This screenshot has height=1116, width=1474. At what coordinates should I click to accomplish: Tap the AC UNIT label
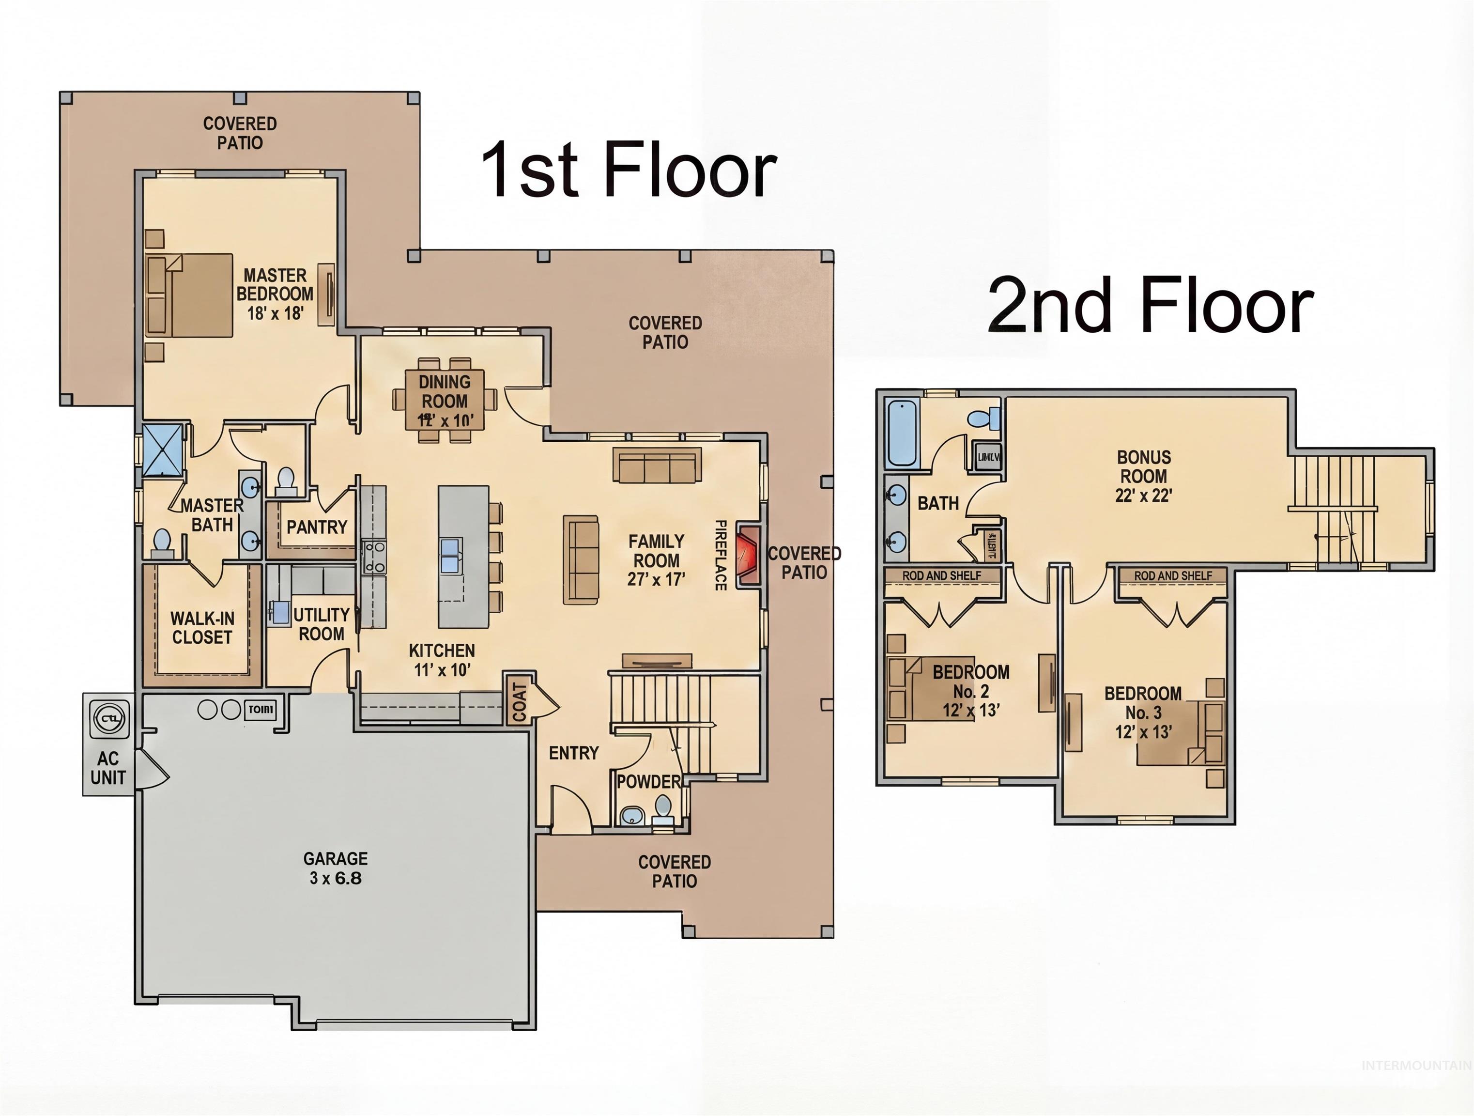108,768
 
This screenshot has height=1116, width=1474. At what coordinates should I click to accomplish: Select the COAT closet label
520,701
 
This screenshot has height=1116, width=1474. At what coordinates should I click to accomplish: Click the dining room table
445,401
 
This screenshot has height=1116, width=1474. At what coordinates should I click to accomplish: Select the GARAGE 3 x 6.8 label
335,868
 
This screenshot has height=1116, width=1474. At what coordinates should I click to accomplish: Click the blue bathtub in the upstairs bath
902,433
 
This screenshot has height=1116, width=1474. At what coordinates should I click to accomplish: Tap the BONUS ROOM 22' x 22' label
1143,476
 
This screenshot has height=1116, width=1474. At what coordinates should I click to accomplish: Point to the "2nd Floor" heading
1150,307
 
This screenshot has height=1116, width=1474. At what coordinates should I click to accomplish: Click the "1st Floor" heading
628,170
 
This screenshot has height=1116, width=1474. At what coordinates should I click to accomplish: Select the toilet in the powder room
662,808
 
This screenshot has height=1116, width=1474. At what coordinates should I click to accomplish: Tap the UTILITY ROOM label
321,624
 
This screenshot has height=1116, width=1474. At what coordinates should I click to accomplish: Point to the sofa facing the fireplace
581,560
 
